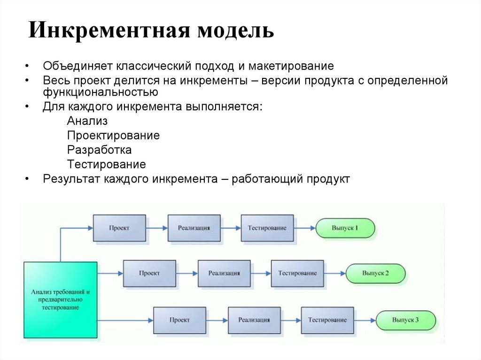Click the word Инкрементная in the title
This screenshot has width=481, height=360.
109,31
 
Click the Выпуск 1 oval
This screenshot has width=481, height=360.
345,228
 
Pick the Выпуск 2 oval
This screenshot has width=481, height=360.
375,273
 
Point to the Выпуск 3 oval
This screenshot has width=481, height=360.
406,320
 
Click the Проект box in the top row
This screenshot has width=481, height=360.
119,228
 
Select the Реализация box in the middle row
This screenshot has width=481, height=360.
224,273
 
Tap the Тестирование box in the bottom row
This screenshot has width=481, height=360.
327,320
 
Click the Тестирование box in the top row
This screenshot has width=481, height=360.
267,228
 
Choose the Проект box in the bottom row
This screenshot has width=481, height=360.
179,320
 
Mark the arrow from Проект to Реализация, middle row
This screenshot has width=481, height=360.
187,273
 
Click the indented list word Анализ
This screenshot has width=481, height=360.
87,121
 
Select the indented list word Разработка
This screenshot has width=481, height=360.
99,150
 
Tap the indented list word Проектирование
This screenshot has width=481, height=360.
113,136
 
